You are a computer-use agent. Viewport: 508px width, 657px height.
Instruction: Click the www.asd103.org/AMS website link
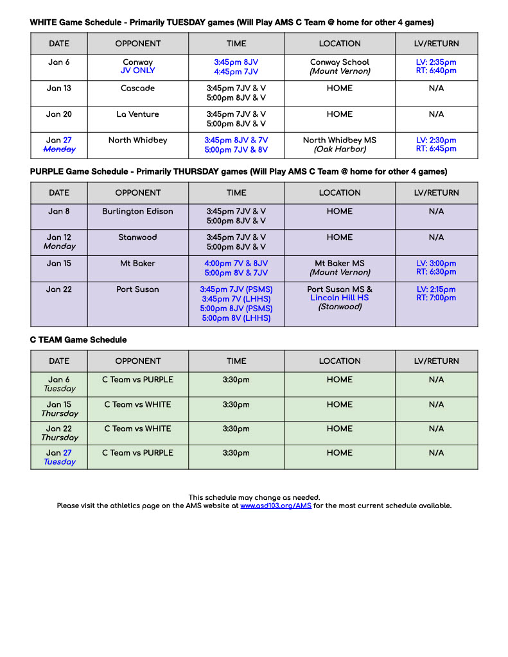coord(276,506)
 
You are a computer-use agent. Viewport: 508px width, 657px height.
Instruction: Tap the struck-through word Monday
coord(59,149)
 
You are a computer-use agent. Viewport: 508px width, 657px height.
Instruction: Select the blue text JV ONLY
coord(138,71)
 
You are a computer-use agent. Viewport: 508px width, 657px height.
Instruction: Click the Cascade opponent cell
coord(138,89)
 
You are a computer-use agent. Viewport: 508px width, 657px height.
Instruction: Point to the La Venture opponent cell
coord(138,114)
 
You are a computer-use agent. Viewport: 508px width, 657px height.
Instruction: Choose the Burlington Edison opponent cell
coord(138,211)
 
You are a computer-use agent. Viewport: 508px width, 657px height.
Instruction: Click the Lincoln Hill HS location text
coord(340,298)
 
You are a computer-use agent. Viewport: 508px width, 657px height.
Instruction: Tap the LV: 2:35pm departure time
coord(436,62)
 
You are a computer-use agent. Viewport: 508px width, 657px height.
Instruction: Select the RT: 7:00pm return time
coord(436,298)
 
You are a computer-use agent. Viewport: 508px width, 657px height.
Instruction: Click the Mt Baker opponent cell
coord(138,263)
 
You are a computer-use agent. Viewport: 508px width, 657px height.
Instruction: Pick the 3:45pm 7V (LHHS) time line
coord(236,299)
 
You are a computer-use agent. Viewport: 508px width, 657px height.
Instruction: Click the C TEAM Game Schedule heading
coord(78,340)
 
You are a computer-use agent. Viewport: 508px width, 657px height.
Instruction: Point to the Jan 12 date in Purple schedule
coord(59,237)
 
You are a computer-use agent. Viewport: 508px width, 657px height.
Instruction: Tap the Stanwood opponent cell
coord(138,237)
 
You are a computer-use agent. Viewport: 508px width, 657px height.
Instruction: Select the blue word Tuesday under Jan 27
coord(59,462)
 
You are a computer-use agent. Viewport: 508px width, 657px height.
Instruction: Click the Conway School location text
coord(340,62)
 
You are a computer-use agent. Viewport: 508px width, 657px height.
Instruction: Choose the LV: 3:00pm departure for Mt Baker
coord(436,263)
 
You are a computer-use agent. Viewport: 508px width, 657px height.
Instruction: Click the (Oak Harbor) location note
coord(340,149)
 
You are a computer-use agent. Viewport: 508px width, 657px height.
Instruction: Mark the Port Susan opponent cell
coord(138,289)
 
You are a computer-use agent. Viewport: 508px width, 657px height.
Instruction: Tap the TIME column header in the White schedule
coord(236,44)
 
